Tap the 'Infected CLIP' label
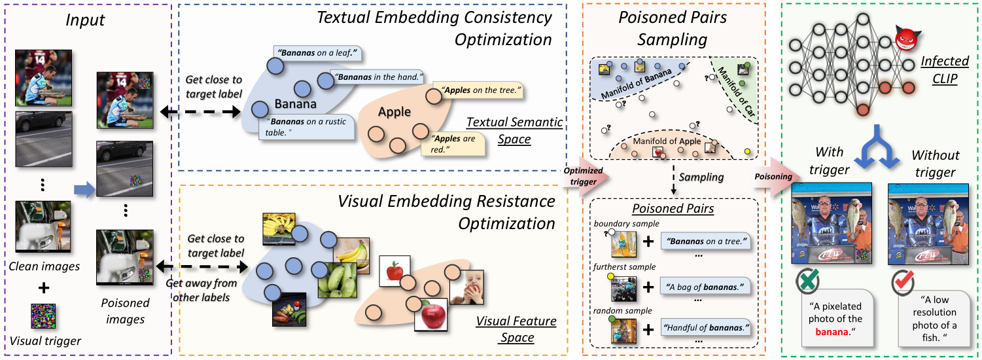[945, 69]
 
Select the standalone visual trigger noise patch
[44, 315]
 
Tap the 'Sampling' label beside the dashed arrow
[700, 177]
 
